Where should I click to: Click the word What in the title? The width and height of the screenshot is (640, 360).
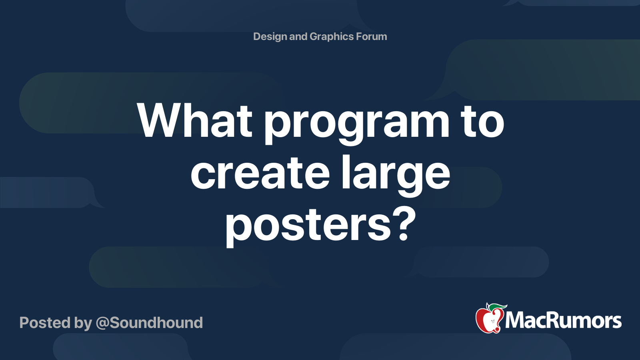click(x=195, y=121)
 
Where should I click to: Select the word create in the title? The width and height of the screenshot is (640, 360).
click(x=260, y=174)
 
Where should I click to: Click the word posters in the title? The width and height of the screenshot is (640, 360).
click(x=308, y=226)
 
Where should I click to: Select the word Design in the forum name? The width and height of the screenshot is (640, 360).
click(x=270, y=37)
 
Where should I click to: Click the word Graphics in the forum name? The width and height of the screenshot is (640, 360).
click(x=331, y=37)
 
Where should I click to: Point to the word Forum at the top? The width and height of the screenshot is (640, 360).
click(x=372, y=37)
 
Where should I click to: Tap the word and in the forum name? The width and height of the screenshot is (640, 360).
click(x=298, y=37)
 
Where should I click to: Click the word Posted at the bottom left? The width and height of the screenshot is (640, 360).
click(x=45, y=323)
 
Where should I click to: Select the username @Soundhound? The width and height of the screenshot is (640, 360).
click(x=149, y=323)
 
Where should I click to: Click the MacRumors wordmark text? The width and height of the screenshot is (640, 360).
click(x=563, y=321)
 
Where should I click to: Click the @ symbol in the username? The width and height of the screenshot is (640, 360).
click(x=102, y=323)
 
